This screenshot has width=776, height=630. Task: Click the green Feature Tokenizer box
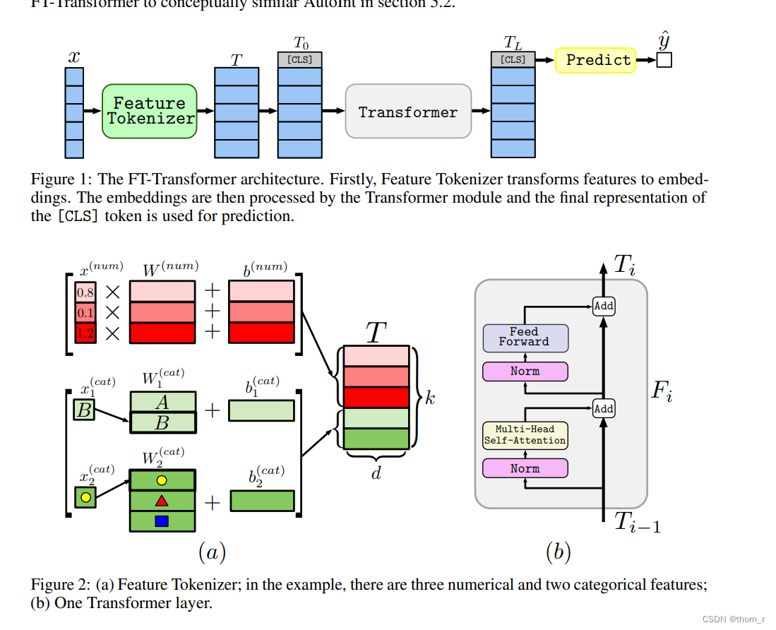coord(149,111)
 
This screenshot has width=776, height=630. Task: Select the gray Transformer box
coord(407,112)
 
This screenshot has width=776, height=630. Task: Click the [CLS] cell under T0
coord(300,60)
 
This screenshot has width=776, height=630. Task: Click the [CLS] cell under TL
coord(513,60)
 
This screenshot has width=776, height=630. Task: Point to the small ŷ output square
coord(664,61)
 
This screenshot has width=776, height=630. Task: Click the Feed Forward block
coord(525,338)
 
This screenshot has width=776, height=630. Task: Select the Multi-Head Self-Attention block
coord(525,435)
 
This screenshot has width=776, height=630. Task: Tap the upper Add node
coord(604,306)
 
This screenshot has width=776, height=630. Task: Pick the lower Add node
coord(604,409)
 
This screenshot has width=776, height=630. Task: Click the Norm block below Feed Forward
coord(525,372)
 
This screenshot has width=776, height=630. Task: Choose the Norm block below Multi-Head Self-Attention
coord(525,468)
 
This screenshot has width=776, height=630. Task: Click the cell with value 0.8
coord(85,292)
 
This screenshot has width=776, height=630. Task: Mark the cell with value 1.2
coord(85,333)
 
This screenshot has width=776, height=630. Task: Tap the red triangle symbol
coord(162,501)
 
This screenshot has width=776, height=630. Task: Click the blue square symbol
coord(162,521)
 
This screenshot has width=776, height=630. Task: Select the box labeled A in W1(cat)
coord(162,402)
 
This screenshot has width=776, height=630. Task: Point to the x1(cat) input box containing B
coord(84,410)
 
